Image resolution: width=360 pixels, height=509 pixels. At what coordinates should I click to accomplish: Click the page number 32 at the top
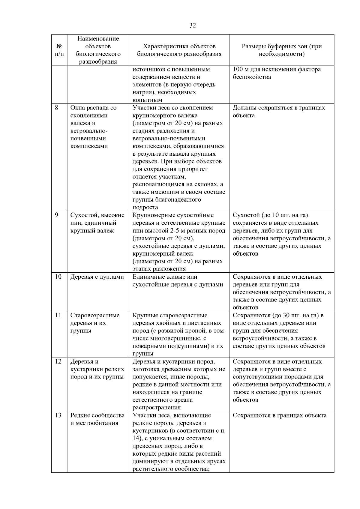[x=193, y=25]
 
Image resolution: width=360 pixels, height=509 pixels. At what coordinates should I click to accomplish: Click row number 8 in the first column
[x=56, y=108]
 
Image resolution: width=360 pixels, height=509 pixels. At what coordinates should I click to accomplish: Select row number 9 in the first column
[x=56, y=215]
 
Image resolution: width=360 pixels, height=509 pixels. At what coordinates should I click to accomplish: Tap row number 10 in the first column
[x=58, y=277]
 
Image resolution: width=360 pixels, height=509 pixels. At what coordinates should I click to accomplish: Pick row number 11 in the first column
[x=58, y=315]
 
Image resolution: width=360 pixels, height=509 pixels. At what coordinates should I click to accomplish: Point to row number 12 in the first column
[x=58, y=361]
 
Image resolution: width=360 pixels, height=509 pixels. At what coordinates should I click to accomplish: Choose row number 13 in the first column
[x=58, y=415]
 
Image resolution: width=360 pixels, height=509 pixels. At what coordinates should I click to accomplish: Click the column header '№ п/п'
[x=59, y=50]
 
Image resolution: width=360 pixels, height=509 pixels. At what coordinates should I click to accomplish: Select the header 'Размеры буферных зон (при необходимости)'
[x=282, y=50]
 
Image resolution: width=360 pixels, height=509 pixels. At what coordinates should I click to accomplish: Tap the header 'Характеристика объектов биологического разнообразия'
[x=179, y=50]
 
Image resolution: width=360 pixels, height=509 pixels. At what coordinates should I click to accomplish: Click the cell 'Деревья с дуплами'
[x=97, y=277]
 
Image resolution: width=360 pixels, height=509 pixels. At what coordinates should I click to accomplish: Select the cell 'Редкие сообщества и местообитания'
[x=97, y=419]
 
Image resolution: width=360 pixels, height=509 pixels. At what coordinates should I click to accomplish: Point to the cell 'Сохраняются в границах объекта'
[x=280, y=415]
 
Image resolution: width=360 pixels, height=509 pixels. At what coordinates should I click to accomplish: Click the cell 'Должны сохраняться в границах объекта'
[x=279, y=112]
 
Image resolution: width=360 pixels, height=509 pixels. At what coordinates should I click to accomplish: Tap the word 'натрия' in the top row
[x=142, y=92]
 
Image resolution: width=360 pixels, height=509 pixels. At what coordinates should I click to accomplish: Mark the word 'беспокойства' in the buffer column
[x=252, y=77]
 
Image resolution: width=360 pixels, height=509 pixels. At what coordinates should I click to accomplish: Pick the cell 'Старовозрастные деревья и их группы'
[x=95, y=323]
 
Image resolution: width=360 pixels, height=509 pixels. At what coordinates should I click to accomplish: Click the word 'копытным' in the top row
[x=147, y=100]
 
